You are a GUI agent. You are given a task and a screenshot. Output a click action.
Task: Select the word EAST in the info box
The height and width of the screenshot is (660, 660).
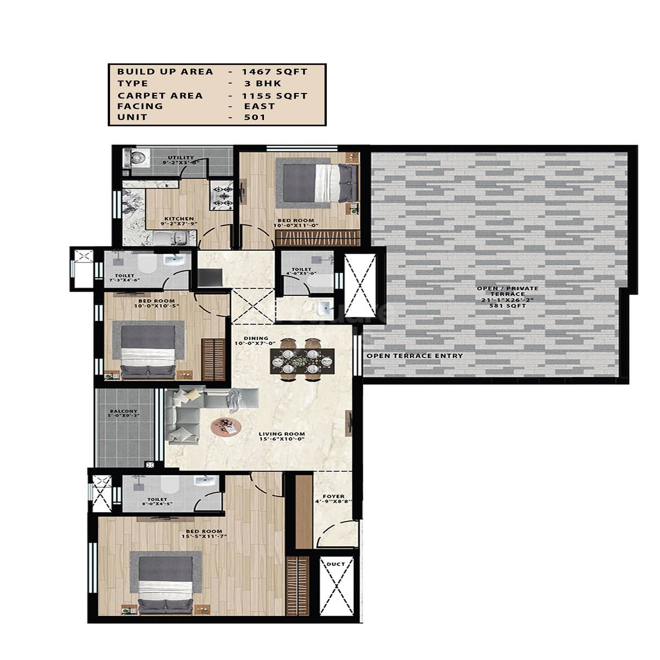(x=260, y=106)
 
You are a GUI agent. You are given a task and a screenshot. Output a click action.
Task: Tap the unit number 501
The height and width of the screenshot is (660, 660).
(x=255, y=118)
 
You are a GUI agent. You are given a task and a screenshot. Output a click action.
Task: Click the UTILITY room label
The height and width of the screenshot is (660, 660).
(x=180, y=158)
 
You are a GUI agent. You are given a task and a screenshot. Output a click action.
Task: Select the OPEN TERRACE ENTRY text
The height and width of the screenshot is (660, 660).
(x=414, y=356)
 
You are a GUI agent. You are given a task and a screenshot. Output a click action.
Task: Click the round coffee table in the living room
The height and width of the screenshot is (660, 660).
(x=226, y=426)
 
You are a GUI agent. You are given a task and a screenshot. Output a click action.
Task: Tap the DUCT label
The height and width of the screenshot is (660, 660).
(x=335, y=564)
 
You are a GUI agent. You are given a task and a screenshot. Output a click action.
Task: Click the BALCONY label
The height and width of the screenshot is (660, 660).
(x=119, y=411)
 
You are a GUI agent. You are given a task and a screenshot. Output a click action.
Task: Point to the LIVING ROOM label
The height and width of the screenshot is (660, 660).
(x=282, y=434)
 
